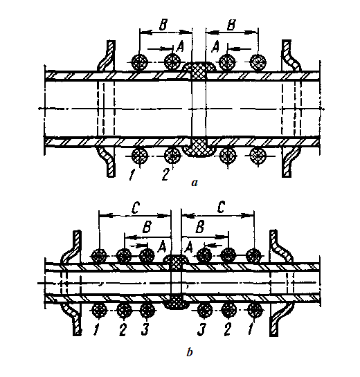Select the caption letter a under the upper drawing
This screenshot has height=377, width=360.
[195, 183]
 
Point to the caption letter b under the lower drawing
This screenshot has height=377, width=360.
[190, 353]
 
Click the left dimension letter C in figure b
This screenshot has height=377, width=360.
[135, 208]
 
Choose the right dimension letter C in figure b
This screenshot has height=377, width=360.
[221, 208]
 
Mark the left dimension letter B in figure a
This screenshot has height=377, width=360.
[163, 25]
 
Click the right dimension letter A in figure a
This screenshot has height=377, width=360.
[215, 46]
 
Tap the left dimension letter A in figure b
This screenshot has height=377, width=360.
[161, 247]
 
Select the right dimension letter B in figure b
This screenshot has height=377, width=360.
[200, 227]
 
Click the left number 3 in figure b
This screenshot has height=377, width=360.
[145, 329]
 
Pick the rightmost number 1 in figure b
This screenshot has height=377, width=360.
[251, 329]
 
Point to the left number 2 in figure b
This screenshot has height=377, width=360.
[123, 329]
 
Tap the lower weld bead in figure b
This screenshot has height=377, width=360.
[175, 302]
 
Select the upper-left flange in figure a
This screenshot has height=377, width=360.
[107, 56]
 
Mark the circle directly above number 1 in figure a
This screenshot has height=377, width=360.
[140, 156]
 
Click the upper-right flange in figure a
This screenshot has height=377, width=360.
[291, 56]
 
